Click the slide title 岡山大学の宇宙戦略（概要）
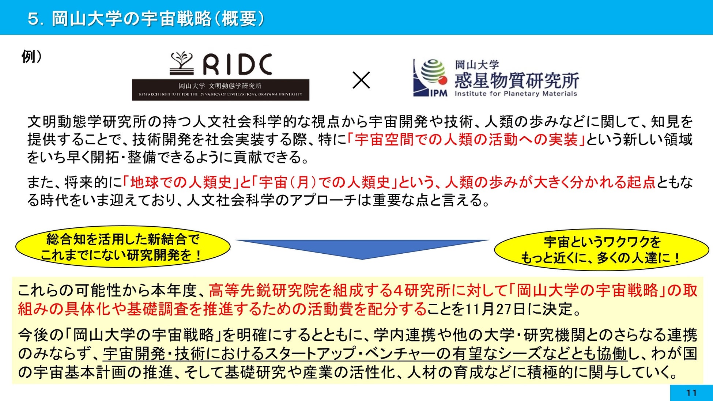157,18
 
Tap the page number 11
691,393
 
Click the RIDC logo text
238,64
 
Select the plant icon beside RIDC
182,63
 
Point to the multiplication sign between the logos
361,80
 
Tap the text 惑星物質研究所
516,80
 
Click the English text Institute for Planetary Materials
516,94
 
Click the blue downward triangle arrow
362,249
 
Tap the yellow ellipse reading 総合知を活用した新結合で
123,247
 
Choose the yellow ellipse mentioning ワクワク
601,250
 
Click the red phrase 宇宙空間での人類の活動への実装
466,140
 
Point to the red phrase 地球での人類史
181,182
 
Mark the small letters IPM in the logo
438,93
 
